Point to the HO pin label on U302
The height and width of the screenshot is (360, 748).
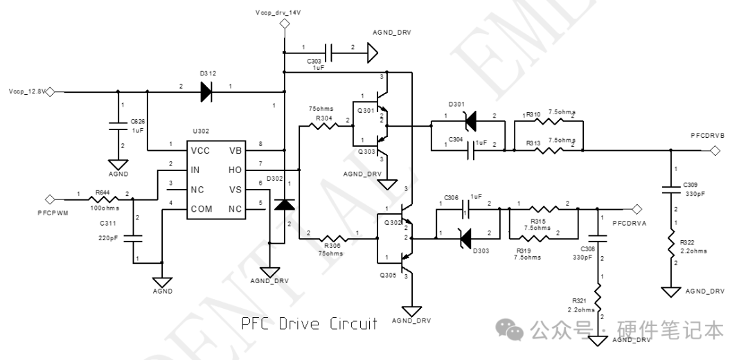click(x=236, y=169)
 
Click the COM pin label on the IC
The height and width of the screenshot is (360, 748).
click(x=202, y=208)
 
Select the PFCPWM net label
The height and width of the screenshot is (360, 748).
click(x=52, y=215)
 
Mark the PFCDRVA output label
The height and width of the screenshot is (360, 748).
click(x=630, y=223)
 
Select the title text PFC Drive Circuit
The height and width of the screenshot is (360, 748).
click(x=308, y=324)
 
